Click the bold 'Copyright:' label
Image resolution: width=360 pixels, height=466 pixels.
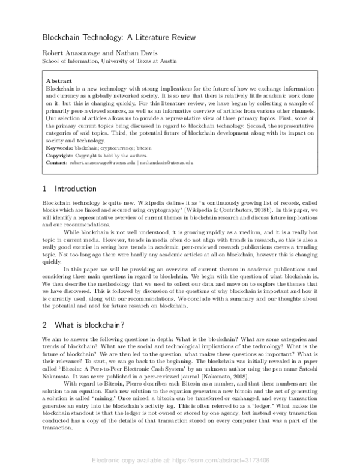coord(61,155)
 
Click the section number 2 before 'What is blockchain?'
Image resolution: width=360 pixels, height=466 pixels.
coord(45,324)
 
